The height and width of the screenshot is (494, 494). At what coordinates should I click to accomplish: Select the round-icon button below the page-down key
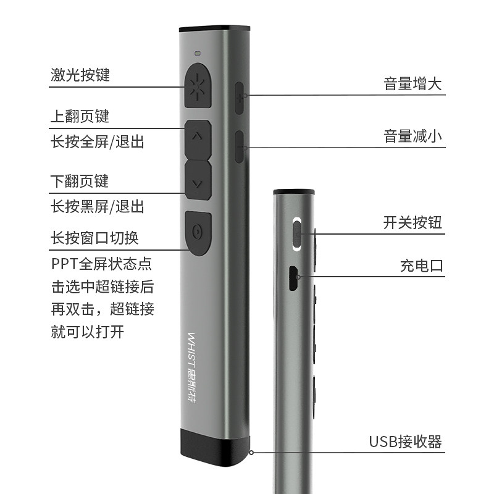click(x=198, y=233)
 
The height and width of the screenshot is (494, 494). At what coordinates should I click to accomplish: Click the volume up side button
click(x=240, y=96)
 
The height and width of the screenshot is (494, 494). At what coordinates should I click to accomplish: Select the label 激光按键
click(x=80, y=75)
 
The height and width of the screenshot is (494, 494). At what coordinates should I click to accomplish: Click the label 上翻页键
click(x=80, y=116)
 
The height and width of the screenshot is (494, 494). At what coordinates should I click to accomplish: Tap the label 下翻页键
click(x=80, y=181)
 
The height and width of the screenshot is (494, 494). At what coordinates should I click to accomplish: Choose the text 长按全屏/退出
click(x=98, y=141)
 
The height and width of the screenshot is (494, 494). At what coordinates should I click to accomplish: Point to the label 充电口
click(x=422, y=266)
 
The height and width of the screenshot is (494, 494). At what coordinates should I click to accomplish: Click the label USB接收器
click(x=406, y=442)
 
